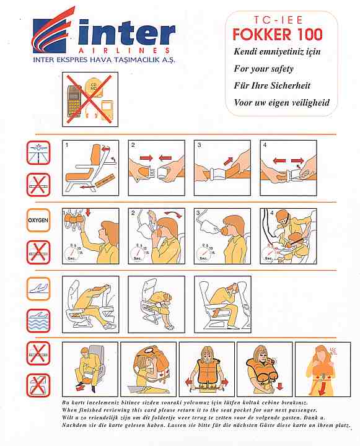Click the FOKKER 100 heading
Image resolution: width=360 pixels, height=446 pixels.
pos(278,34)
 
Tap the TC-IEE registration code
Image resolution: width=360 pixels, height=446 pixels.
pos(278,20)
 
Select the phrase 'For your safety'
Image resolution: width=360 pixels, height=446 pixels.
pos(263,69)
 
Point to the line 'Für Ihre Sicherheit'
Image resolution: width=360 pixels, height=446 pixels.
pos(272,85)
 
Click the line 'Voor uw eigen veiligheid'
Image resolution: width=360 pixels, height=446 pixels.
pos(281,102)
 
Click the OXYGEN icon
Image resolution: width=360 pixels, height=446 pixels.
pos(38,220)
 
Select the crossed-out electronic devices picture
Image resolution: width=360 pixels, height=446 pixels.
pos(90,99)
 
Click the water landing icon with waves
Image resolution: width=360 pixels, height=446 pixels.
pos(38,321)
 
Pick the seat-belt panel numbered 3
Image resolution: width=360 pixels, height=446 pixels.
pos(222,168)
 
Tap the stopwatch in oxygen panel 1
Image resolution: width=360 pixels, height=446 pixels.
pos(72,251)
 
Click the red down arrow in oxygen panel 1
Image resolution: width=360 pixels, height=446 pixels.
pos(87,212)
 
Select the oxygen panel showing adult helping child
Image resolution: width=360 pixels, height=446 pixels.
pos(288,236)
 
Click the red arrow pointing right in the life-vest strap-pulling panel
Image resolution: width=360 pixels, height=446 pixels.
pos(226,382)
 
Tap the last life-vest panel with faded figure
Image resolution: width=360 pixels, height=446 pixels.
pos(323,369)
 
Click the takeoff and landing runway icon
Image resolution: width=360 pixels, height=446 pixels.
pos(38,153)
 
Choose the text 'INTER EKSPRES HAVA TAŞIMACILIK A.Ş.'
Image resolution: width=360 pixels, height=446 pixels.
pos(104,60)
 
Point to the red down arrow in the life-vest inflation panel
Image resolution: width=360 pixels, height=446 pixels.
pos(280,387)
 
